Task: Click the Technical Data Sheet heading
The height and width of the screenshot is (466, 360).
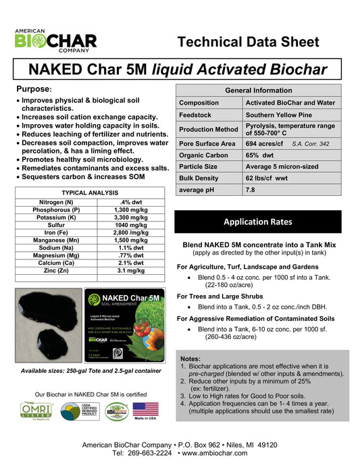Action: [248, 42]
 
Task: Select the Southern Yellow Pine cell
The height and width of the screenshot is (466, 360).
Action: [278, 115]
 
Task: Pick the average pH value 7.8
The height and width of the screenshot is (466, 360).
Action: [251, 190]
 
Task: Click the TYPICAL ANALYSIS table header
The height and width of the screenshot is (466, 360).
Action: [90, 192]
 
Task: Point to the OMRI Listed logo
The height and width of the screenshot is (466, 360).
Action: [35, 411]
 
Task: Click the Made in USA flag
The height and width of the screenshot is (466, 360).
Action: [146, 411]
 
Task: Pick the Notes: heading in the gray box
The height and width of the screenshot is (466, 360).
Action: [190, 358]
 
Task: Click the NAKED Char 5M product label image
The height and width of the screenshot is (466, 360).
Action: [126, 325]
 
